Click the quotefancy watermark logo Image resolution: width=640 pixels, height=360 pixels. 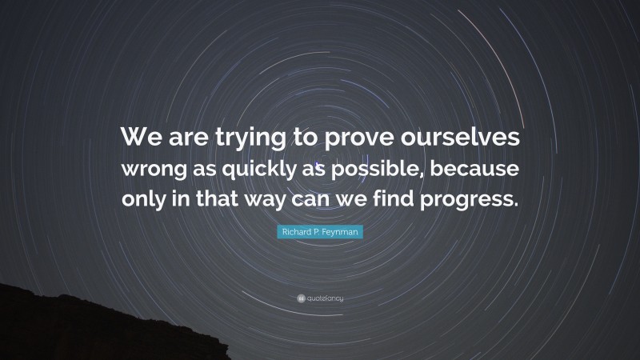coord(320,298)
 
